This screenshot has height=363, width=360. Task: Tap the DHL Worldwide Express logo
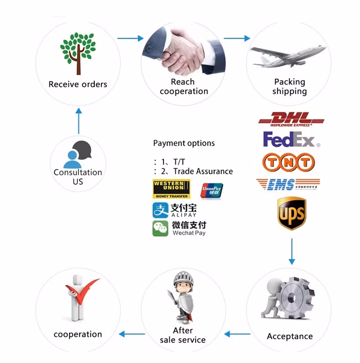(x=291, y=119)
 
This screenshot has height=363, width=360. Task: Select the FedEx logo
(x=291, y=140)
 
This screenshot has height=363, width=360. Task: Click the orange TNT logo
(x=288, y=162)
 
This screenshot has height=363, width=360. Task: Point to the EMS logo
(x=288, y=184)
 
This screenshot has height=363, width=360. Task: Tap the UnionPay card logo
(x=212, y=190)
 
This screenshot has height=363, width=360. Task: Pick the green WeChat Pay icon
(x=160, y=228)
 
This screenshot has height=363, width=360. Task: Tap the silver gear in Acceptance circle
(x=294, y=298)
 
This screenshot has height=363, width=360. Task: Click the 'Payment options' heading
(x=184, y=143)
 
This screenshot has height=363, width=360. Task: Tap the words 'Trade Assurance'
(x=203, y=171)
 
